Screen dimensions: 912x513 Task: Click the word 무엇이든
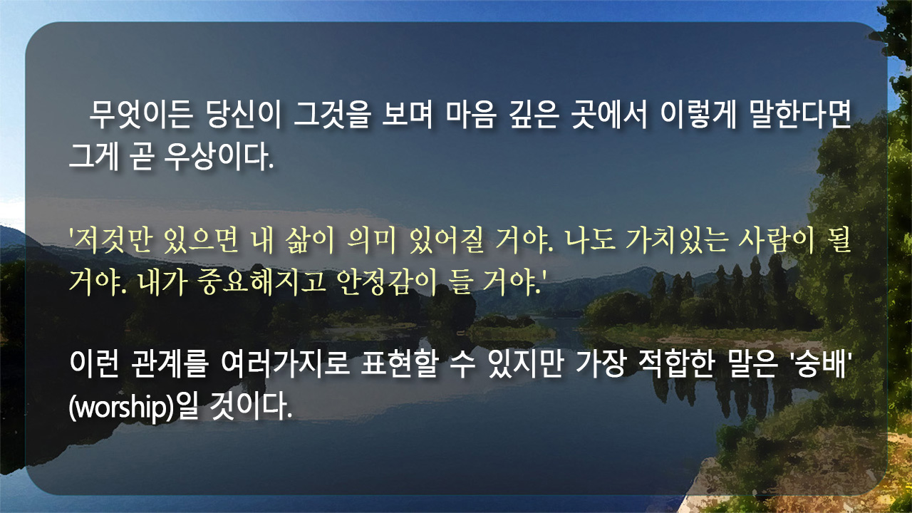tap(141, 115)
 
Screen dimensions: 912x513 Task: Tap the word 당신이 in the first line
tap(244, 115)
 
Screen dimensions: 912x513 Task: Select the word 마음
tap(472, 115)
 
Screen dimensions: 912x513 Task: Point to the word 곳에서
tap(609, 115)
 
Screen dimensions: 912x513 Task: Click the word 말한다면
tap(800, 115)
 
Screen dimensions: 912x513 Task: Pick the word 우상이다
tap(219, 157)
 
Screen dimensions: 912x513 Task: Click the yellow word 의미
tap(371, 240)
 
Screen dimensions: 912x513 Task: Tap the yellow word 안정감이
tap(387, 281)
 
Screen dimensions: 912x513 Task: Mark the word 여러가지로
tap(285, 363)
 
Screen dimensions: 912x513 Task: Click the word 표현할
tap(399, 363)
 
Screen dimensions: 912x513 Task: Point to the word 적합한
tap(677, 363)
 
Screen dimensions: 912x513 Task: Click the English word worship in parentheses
tap(121, 406)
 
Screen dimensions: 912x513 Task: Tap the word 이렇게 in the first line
tap(698, 115)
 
